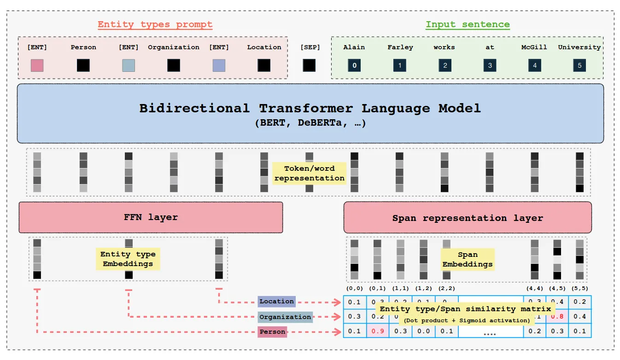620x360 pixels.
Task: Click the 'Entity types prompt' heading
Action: (x=155, y=24)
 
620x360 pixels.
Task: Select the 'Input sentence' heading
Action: (x=467, y=24)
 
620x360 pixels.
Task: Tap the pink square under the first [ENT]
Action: (x=37, y=65)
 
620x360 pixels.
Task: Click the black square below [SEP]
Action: (x=309, y=65)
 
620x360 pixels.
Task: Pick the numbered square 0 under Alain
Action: (x=354, y=65)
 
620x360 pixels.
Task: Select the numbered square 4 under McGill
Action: (x=534, y=65)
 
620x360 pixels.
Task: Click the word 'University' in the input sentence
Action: (x=579, y=47)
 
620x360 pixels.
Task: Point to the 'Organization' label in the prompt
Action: (x=174, y=47)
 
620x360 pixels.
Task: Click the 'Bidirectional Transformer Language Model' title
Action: (x=310, y=109)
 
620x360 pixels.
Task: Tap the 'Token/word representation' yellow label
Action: (x=309, y=173)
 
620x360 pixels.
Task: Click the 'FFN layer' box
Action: (x=151, y=217)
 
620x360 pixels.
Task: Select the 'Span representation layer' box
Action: (x=467, y=218)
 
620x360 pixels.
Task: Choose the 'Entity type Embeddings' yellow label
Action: (x=128, y=259)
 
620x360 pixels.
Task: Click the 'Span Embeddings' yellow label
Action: (x=467, y=259)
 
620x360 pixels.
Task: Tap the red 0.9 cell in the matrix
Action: (x=378, y=331)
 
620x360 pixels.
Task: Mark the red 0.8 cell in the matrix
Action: (x=557, y=316)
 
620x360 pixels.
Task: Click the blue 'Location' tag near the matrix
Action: (x=276, y=302)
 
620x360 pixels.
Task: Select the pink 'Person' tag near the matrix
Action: (x=272, y=331)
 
